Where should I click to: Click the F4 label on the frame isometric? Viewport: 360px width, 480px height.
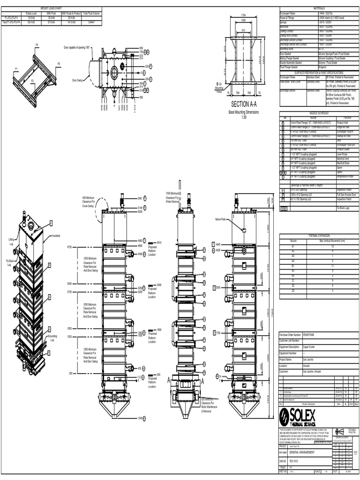point(37,45)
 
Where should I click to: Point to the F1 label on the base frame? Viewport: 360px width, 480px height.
point(16,69)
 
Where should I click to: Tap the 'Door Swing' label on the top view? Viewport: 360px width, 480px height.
point(77,80)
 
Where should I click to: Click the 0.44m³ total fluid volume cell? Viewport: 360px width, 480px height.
point(91,22)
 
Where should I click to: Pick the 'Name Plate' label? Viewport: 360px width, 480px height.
point(220,219)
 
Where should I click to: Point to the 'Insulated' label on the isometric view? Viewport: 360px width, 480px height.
point(56,236)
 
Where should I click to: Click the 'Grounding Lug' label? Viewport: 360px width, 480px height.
point(52,337)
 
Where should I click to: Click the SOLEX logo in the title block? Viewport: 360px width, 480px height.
point(298,415)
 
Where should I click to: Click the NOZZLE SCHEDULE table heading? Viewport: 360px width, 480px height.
point(319,113)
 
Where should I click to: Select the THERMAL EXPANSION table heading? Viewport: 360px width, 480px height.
point(319,235)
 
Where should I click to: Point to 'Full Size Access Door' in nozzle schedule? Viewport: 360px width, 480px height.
point(346,194)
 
